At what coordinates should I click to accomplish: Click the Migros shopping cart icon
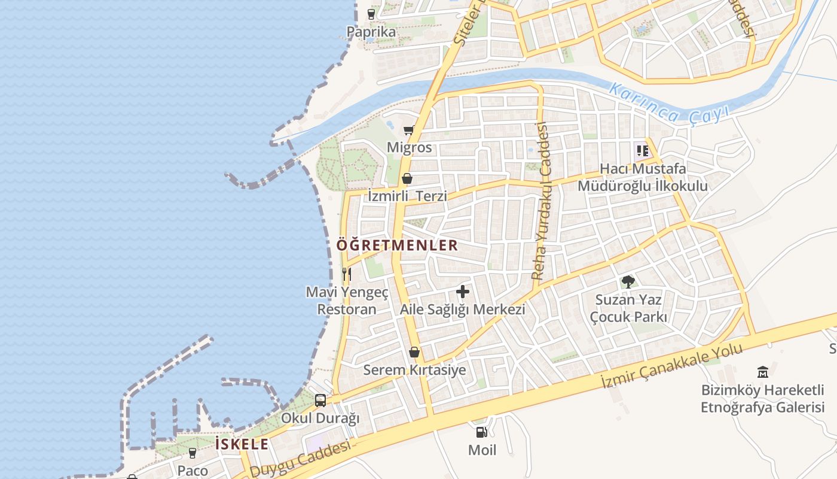(409, 130)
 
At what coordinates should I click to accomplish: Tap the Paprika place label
(371, 32)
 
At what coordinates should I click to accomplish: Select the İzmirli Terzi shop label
(407, 196)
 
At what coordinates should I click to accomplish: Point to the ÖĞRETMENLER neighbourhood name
(397, 245)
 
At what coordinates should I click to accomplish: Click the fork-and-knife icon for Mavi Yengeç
(346, 274)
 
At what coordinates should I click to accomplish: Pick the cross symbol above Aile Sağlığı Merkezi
(462, 292)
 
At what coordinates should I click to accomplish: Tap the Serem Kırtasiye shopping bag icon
(414, 352)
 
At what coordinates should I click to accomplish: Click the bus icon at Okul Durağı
(320, 400)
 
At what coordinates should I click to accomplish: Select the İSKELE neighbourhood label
(242, 444)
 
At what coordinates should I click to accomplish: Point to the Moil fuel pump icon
(481, 432)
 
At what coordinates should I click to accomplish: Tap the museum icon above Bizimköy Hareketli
(763, 372)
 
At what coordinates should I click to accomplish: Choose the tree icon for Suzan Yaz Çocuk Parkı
(628, 282)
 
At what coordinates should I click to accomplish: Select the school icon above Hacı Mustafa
(643, 151)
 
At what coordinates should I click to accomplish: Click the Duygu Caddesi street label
(300, 460)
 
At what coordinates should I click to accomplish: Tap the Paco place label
(193, 470)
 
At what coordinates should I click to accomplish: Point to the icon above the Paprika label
(371, 14)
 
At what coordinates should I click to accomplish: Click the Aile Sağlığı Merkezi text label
(462, 310)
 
